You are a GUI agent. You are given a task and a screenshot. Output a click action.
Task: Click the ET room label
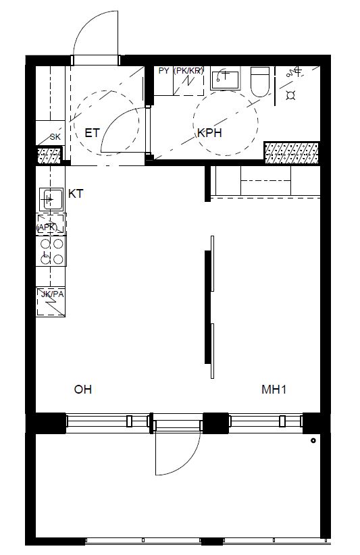[x=92, y=133]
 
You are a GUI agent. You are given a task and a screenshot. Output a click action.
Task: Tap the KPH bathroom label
[x=209, y=133]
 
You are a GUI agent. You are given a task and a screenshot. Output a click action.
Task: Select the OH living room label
[x=83, y=390]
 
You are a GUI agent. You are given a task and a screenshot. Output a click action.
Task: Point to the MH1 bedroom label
[x=274, y=390]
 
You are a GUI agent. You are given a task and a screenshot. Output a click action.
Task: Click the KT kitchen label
[x=76, y=194]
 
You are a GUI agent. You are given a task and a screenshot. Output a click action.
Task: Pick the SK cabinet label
[x=55, y=137]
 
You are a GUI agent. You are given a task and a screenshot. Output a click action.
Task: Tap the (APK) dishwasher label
[x=47, y=228]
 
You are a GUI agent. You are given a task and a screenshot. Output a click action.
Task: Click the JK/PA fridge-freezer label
[x=53, y=294]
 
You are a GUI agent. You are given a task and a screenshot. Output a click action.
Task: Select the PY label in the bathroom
[x=163, y=71]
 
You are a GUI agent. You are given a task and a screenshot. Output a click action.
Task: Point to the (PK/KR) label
[x=188, y=71]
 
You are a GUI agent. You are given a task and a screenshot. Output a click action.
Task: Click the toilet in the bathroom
[x=260, y=82]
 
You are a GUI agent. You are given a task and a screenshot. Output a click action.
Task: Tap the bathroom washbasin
[x=225, y=80]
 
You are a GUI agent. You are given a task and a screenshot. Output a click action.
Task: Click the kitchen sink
[x=51, y=200]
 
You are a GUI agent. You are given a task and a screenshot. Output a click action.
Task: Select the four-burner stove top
[x=51, y=251]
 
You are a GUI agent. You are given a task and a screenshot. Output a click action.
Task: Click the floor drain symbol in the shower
[x=291, y=95]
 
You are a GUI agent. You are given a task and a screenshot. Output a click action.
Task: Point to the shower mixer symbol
[x=294, y=72]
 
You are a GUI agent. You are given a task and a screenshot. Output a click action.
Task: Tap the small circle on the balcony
[x=313, y=441]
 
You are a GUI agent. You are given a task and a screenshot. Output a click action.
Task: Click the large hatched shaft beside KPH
[x=292, y=153]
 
